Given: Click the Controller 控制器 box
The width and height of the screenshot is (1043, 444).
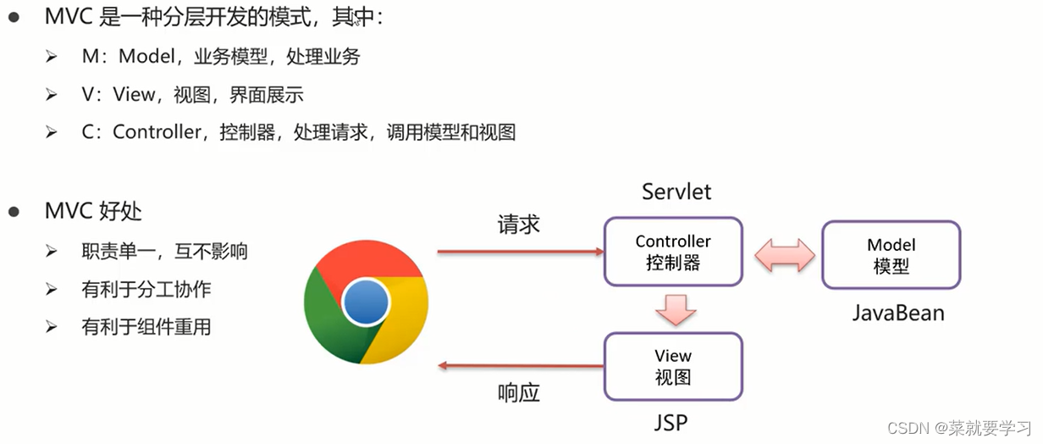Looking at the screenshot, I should (673, 252).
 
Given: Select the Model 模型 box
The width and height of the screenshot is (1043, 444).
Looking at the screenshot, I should (891, 255).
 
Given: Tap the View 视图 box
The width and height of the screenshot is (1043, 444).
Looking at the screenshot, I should (673, 366).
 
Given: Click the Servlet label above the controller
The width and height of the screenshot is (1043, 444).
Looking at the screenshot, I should (676, 191).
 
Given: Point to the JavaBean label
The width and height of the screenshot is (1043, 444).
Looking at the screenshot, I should (897, 313).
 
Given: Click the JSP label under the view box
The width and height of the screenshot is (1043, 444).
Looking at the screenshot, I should (676, 422).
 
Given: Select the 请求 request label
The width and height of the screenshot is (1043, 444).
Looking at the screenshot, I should (518, 225).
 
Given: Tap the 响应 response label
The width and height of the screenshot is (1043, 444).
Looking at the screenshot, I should (518, 392).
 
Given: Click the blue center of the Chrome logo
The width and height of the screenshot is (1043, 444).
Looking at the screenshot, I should (366, 302).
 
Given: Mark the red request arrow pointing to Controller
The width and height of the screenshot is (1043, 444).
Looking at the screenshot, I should (519, 252).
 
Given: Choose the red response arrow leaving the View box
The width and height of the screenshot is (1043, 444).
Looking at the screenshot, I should (519, 366).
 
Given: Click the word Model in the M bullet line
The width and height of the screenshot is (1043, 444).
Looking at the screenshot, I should (150, 57).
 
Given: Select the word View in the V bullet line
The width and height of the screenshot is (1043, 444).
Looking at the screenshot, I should (134, 94).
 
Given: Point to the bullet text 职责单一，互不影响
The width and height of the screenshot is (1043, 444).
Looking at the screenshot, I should (164, 252).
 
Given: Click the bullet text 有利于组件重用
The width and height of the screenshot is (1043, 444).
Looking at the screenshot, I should (146, 326).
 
